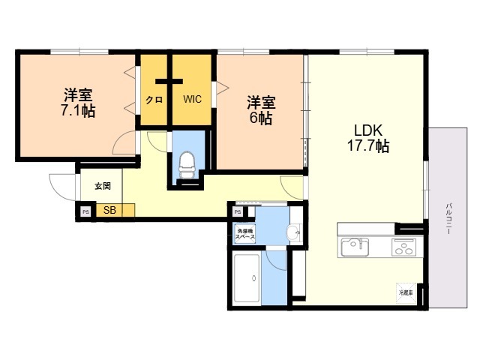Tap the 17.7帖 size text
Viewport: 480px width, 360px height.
[367, 146]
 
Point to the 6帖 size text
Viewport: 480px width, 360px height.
[260, 118]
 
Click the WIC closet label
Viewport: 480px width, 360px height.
[192, 99]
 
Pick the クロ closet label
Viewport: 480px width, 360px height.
[154, 100]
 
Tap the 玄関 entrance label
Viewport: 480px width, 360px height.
[102, 186]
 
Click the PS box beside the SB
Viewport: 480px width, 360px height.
[85, 211]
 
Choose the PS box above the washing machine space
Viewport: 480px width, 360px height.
[238, 212]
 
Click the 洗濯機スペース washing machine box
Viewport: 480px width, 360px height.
[245, 233]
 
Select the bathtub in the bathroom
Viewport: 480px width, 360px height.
[247, 277]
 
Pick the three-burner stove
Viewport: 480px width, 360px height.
[403, 247]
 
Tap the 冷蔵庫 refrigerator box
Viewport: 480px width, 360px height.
[406, 292]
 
